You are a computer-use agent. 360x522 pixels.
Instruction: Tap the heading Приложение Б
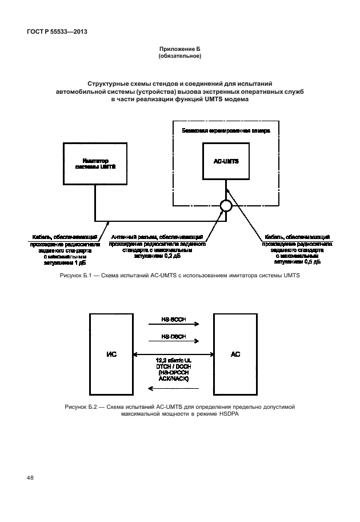(x=179, y=50)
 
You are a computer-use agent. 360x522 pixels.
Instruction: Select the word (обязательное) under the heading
(x=179, y=57)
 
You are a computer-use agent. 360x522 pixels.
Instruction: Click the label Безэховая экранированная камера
(x=225, y=130)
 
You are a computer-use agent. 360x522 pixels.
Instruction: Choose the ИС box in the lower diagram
(x=111, y=354)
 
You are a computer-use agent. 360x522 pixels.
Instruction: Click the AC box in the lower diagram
(x=235, y=354)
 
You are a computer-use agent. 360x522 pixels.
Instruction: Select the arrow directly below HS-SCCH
(x=173, y=324)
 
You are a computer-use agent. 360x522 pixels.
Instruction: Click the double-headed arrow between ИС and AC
(x=173, y=354)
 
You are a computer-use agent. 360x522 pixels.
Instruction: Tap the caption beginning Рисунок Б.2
(x=179, y=410)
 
